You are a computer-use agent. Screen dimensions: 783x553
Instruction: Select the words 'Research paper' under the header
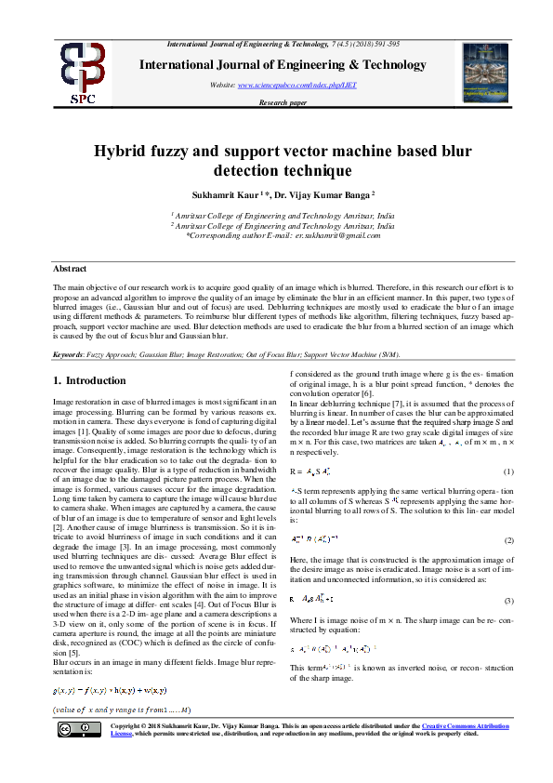(x=283, y=102)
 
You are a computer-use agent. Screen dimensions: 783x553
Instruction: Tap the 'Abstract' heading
(x=70, y=269)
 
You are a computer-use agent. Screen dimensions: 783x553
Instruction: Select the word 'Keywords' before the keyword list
(x=71, y=354)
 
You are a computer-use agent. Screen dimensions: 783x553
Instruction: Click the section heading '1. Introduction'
(x=88, y=380)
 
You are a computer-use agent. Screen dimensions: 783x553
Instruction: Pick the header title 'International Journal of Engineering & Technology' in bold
(x=283, y=64)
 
